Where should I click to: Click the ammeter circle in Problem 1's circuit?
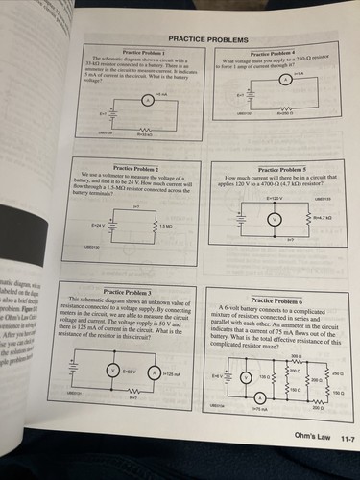[x=147, y=99]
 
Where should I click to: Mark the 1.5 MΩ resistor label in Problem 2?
[x=165, y=226]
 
